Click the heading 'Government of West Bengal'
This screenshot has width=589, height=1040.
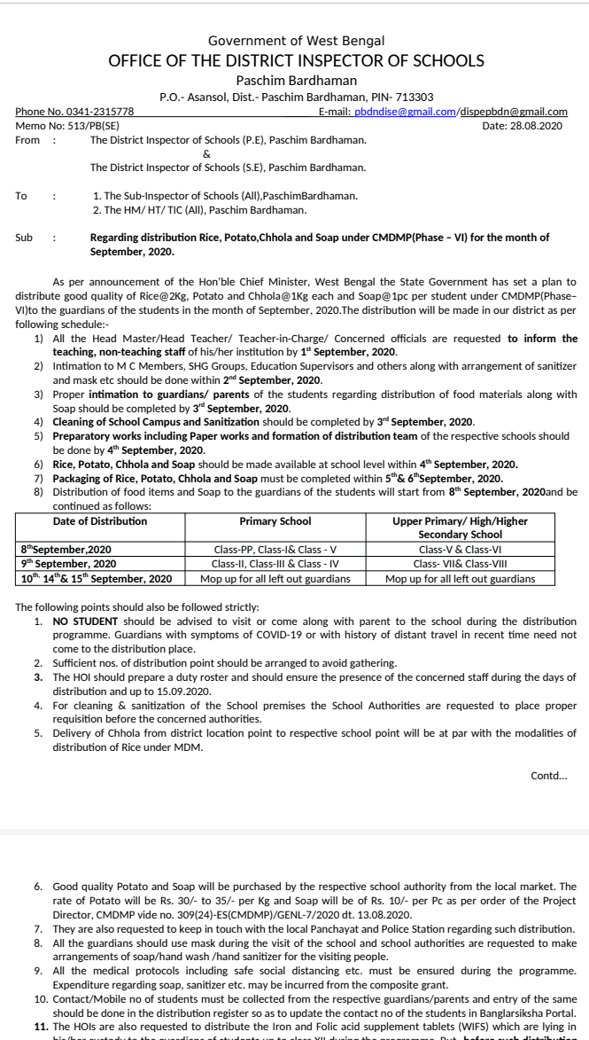click(x=296, y=41)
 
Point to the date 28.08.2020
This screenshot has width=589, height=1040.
click(x=536, y=126)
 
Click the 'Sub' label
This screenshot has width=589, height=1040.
click(x=25, y=238)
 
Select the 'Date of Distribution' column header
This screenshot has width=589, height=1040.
click(x=99, y=521)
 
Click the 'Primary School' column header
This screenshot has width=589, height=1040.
click(x=275, y=521)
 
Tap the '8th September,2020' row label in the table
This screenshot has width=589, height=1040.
click(x=66, y=550)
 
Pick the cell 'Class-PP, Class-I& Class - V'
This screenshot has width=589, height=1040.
click(x=275, y=550)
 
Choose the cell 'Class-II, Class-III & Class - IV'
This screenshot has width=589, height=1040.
click(x=275, y=564)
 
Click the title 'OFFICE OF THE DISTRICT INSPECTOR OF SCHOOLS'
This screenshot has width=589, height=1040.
click(x=296, y=60)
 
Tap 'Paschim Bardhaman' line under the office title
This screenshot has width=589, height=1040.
click(x=296, y=81)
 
